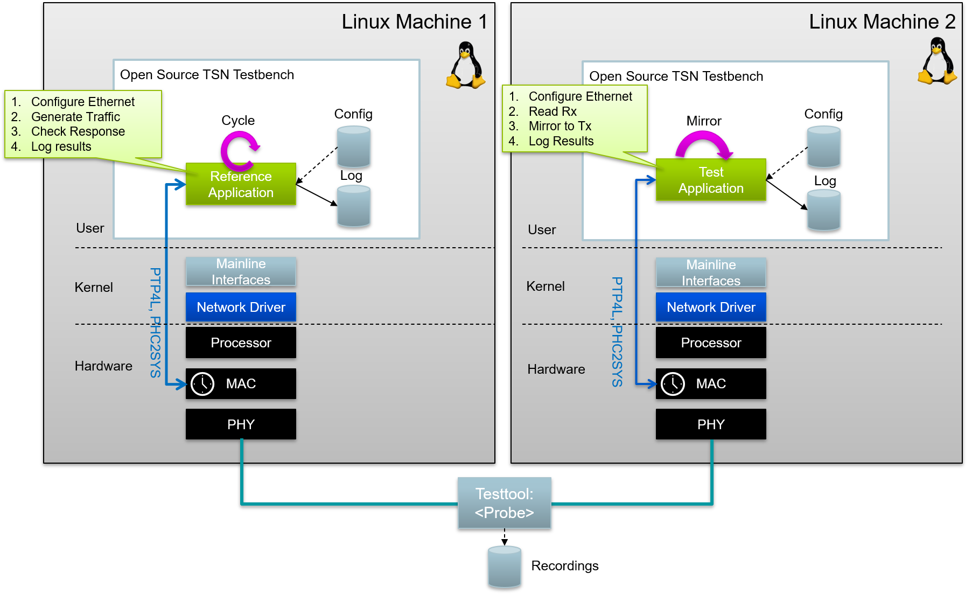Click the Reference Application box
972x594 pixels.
241,184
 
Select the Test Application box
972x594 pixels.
711,180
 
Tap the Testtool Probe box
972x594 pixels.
504,503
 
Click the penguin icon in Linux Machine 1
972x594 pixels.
466,66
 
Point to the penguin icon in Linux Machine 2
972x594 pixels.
937,61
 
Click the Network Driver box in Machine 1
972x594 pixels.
241,307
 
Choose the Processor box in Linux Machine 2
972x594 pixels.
711,343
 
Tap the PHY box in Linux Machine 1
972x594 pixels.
241,424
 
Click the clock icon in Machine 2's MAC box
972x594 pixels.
673,384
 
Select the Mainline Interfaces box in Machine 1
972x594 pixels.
241,271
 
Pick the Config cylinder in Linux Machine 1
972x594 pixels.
353,146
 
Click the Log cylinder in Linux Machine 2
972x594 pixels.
823,211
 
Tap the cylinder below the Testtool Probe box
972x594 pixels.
504,566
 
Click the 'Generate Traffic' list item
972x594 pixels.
75,117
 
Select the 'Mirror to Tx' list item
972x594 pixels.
560,126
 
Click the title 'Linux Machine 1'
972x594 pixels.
414,22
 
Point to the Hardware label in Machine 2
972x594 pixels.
556,369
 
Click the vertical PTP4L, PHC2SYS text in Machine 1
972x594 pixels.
155,323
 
